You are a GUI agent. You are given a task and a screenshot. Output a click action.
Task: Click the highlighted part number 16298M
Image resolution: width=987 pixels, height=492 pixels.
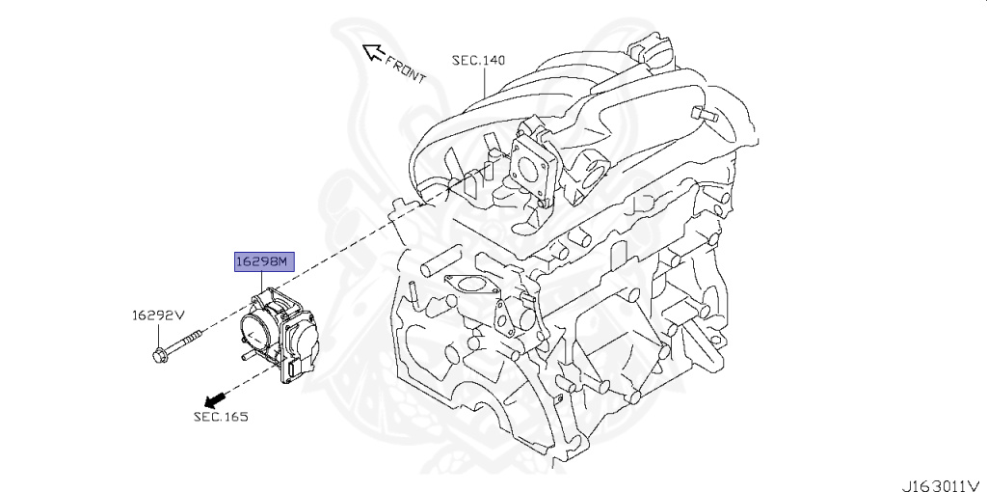[x=262, y=261]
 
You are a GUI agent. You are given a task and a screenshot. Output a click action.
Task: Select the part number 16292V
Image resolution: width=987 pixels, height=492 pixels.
[x=158, y=314]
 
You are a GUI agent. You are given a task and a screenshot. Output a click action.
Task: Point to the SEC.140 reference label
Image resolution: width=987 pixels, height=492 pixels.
[x=478, y=61]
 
